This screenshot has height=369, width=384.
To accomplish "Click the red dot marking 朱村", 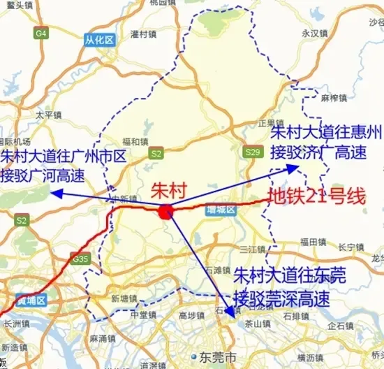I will click(165, 212).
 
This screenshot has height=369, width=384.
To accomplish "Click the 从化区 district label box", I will click(99, 40).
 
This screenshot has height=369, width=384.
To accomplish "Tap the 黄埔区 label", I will click(31, 301).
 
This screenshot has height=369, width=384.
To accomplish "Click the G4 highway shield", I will click(41, 33).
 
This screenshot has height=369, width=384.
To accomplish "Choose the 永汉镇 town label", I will click(314, 33).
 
